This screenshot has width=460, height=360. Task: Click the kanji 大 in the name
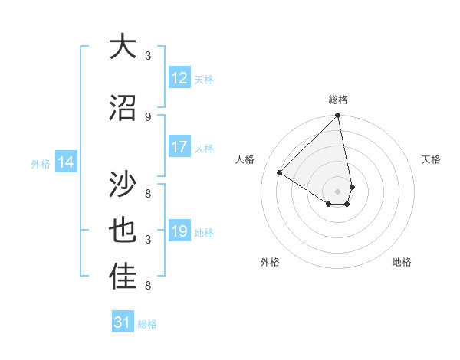click(123, 47)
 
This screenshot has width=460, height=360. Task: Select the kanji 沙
click(123, 184)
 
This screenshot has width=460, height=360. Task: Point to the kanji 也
click(123, 231)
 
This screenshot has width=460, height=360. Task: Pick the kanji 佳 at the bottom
click(123, 277)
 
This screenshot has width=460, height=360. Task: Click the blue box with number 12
click(179, 78)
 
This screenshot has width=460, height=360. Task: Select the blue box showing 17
click(179, 147)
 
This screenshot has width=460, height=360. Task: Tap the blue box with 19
click(179, 231)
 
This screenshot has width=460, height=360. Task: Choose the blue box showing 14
click(66, 162)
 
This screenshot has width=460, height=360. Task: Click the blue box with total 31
click(123, 322)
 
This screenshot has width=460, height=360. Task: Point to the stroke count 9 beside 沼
click(148, 116)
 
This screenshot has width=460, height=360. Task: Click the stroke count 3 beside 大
click(148, 56)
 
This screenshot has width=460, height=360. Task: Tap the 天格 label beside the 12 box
click(204, 79)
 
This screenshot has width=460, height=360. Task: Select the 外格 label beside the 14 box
click(41, 163)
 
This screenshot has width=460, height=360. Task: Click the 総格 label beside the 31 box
click(147, 323)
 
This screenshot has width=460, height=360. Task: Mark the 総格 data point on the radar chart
click(338, 116)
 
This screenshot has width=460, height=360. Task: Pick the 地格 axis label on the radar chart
click(402, 262)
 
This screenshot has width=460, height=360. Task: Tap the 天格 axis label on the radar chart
click(432, 159)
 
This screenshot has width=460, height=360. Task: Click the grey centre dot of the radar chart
click(338, 191)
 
